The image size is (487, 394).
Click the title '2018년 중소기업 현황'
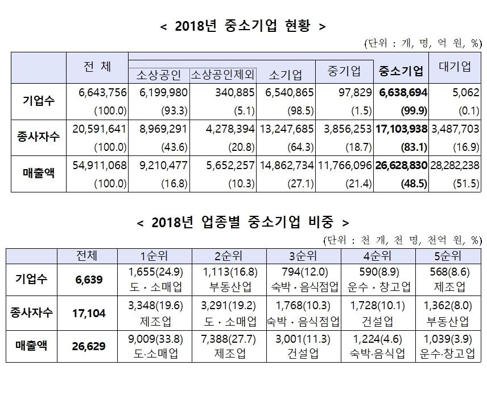click(x=243, y=26)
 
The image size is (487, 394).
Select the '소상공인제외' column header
click(x=222, y=75)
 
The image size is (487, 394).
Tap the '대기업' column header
click(x=455, y=67)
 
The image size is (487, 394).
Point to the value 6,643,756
click(x=98, y=92)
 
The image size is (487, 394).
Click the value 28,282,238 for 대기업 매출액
click(x=455, y=166)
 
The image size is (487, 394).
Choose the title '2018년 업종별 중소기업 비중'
click(x=243, y=221)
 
